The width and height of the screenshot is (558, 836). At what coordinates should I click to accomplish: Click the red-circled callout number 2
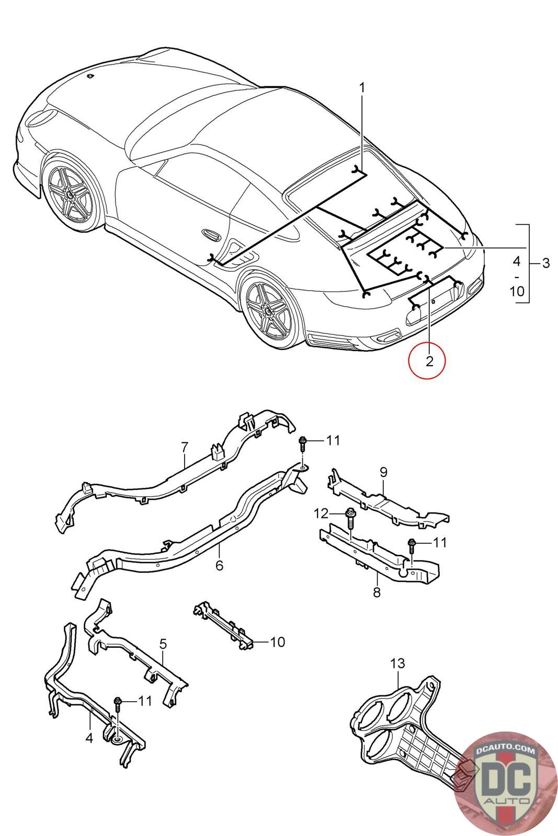click(429, 361)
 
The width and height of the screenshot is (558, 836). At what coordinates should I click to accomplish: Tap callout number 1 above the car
click(361, 88)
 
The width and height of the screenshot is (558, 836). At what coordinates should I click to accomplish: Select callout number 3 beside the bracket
click(546, 263)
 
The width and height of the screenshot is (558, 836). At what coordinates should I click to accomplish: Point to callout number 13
click(398, 663)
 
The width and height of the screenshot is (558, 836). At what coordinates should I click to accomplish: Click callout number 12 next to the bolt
click(321, 514)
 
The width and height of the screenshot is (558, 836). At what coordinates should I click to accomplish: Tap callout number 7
click(185, 447)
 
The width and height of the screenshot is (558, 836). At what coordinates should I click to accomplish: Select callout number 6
click(220, 565)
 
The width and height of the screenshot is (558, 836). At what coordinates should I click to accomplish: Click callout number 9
click(383, 472)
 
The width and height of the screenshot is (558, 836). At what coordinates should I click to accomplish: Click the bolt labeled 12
click(350, 517)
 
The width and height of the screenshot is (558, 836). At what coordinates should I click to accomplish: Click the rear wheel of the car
click(270, 311)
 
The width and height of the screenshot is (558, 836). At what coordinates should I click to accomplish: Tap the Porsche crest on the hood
click(89, 76)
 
